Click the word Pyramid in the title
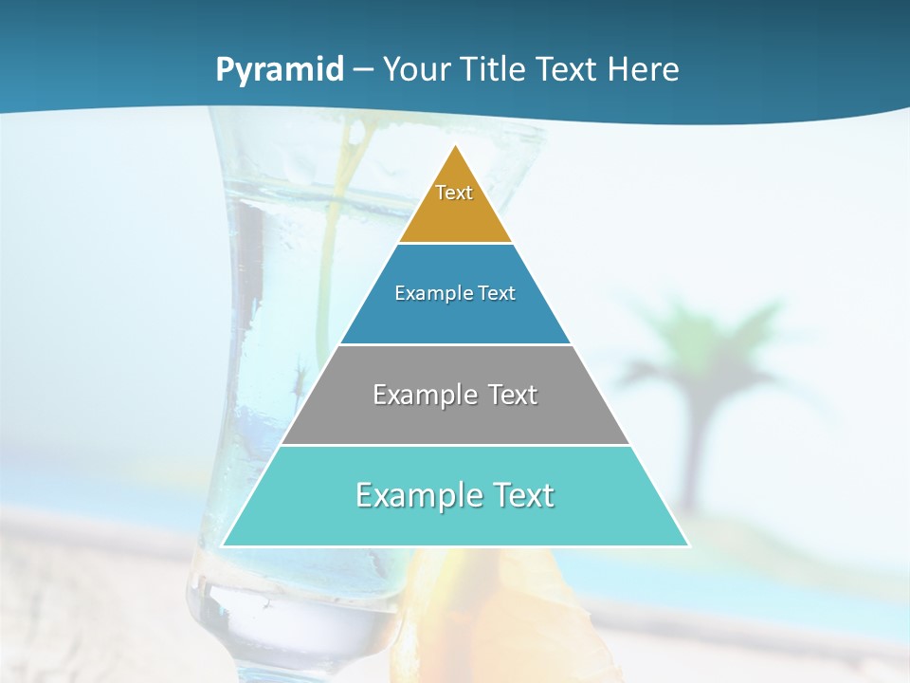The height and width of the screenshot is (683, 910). pyautogui.click(x=280, y=69)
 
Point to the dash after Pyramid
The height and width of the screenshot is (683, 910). pyautogui.click(x=363, y=70)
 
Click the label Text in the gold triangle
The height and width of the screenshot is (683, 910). pyautogui.click(x=454, y=193)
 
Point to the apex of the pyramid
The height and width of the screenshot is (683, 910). pyautogui.click(x=455, y=146)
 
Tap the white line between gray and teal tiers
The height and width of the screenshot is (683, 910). pyautogui.click(x=455, y=445)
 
